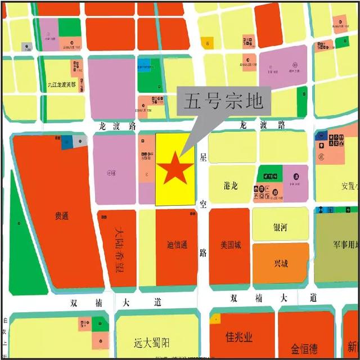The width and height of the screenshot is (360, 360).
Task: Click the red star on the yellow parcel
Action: [x=175, y=168]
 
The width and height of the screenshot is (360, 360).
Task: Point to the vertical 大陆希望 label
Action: [x=119, y=249]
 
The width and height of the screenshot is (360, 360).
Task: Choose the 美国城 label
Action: [x=231, y=245]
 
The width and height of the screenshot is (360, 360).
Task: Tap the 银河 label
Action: [x=280, y=228]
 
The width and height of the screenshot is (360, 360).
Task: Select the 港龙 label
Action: [x=230, y=185]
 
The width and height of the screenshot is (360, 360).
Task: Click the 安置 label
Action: [x=349, y=185]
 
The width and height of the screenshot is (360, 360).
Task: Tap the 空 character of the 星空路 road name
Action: [x=203, y=205]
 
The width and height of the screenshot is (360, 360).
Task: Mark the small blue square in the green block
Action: [x=145, y=65]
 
